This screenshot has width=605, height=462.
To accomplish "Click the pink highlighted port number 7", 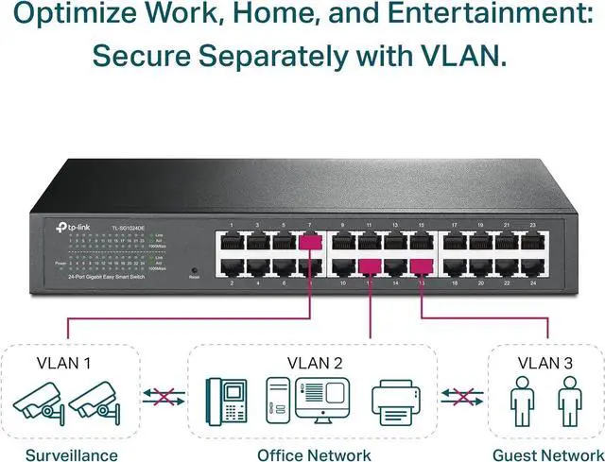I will coord(307,242).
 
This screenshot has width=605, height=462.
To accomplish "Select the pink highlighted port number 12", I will coord(370,267).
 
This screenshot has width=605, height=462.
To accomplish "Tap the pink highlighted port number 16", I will coord(422,267).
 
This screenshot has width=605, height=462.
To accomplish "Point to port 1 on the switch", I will coord(231,242).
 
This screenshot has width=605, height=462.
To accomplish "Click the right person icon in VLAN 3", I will coord(566,402).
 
